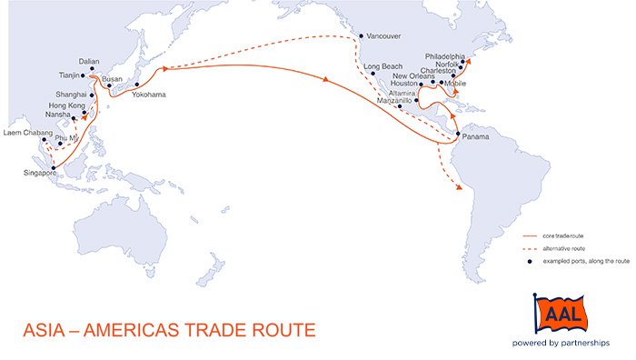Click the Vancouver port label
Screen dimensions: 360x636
point(383,36)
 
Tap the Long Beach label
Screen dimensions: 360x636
point(382,67)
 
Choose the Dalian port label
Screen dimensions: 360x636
point(90,61)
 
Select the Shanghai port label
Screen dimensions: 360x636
point(70,94)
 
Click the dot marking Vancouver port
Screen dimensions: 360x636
point(363,37)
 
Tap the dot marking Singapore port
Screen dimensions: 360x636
point(54,167)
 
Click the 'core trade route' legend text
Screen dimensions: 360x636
point(562,235)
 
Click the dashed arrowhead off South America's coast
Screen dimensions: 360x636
point(461,188)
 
